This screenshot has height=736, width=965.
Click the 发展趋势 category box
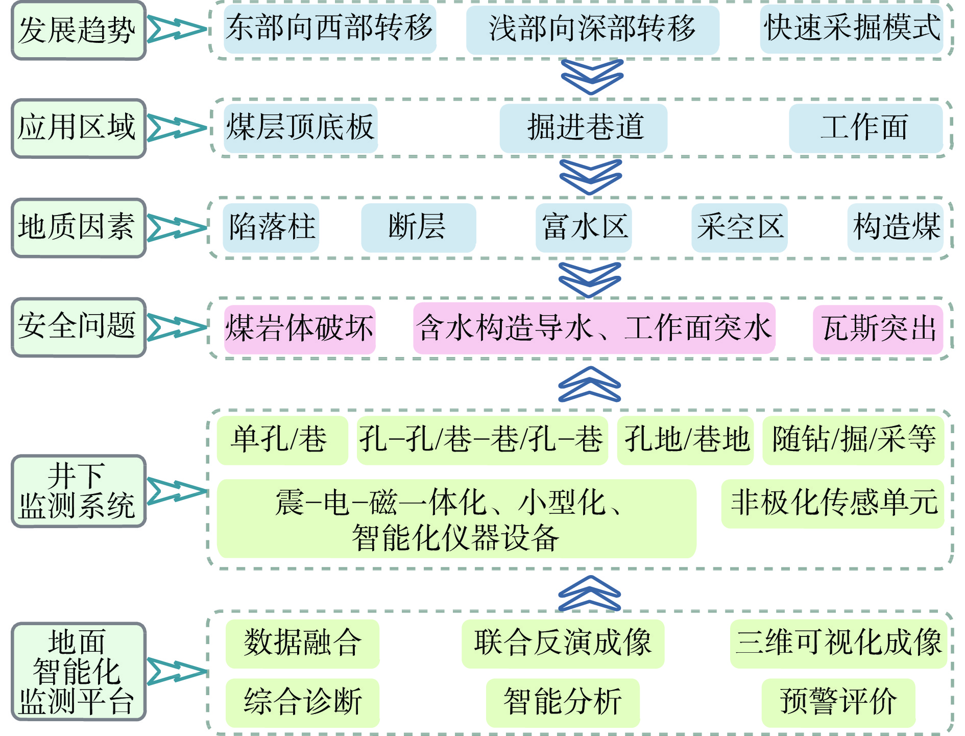[x=78, y=30]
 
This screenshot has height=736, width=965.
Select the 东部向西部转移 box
[x=330, y=29]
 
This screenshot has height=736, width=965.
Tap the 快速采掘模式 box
[x=851, y=29]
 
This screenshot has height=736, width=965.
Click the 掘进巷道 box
[x=583, y=128]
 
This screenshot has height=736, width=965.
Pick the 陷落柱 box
[x=271, y=227]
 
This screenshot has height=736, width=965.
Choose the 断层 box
[x=418, y=227]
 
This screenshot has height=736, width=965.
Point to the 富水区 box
[x=583, y=227]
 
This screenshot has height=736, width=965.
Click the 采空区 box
[x=739, y=227]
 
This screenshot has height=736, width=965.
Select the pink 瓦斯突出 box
[x=877, y=328]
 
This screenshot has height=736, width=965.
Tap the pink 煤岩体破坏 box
[x=300, y=328]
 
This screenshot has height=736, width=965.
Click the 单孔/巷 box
[x=282, y=440]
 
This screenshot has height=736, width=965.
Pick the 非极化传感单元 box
[x=832, y=503]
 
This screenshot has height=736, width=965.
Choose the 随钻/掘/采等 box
[x=853, y=440]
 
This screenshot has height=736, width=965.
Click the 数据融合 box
[x=302, y=643]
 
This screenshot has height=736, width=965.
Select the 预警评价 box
[x=838, y=702]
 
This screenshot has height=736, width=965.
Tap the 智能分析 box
[x=562, y=702]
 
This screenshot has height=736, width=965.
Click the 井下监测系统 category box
[x=78, y=491]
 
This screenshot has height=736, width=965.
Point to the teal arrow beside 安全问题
[x=176, y=327]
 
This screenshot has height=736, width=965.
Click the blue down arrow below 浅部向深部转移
[x=592, y=77]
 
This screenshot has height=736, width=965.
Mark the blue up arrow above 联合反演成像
[x=589, y=593]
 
